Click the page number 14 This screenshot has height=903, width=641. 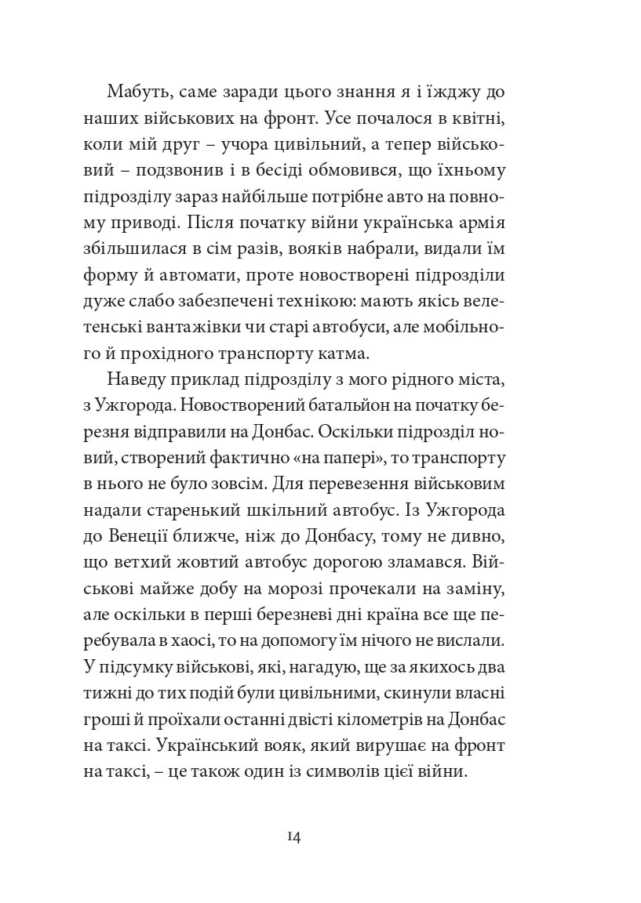click(294, 837)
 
